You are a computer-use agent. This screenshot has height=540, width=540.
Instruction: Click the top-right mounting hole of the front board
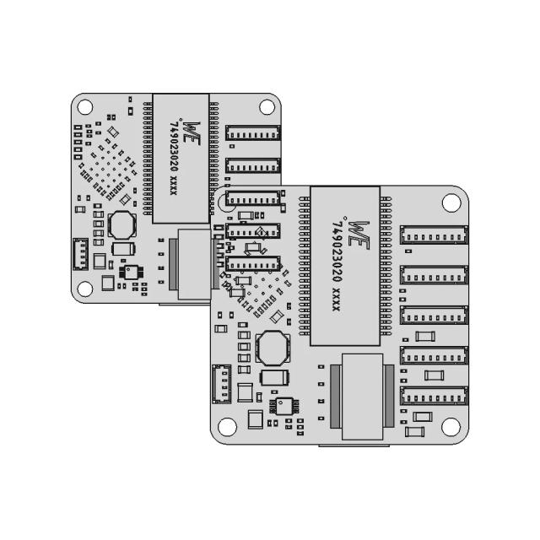(x=451, y=202)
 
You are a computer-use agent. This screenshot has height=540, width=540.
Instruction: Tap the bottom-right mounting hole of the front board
(x=451, y=427)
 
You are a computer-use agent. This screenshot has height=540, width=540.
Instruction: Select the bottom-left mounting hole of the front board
(x=226, y=427)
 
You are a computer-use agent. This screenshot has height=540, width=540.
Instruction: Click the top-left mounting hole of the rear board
(x=84, y=107)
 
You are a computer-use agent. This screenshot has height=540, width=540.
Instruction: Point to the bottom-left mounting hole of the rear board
(x=84, y=288)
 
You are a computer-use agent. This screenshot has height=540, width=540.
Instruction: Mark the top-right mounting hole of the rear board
(x=267, y=107)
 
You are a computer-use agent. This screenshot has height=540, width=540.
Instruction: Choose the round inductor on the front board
(x=273, y=345)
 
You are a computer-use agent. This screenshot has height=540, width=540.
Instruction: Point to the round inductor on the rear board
(x=122, y=225)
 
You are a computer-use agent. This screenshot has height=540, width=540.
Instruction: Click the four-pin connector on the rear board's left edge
(x=80, y=253)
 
